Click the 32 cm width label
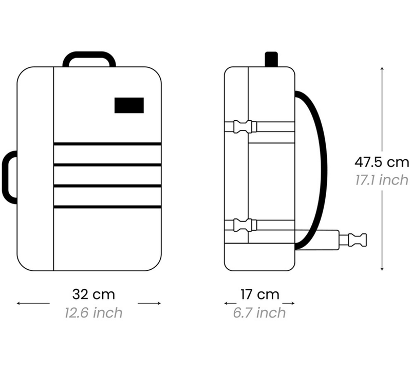(94, 294)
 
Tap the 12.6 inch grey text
(94, 313)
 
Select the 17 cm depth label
(260, 294)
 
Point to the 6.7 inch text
(259, 313)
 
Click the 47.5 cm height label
(382, 162)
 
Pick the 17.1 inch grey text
(382, 180)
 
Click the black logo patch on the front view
(129, 105)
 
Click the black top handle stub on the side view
(271, 59)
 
